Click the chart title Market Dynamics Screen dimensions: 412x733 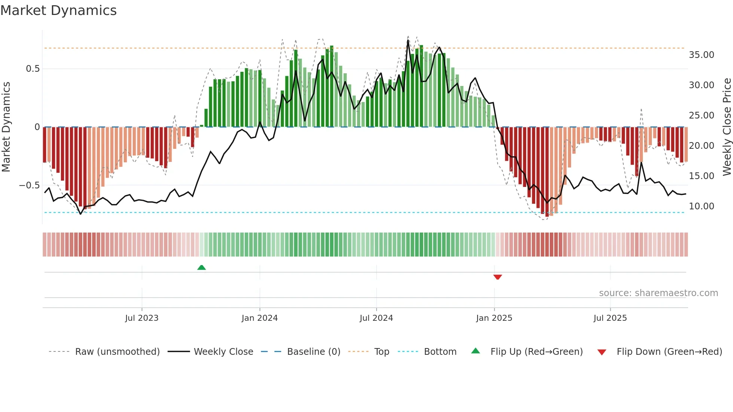tap(59, 10)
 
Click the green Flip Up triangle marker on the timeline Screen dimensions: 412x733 tap(202, 267)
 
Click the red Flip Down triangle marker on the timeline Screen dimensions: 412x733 tap(497, 277)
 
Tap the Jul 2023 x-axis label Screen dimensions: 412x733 tap(142, 318)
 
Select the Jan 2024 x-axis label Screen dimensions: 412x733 tap(260, 318)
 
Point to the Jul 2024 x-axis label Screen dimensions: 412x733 tap(376, 318)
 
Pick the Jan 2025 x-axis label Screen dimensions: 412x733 tap(494, 318)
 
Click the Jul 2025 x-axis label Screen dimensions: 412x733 tap(610, 318)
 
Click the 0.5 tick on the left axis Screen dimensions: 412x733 tap(33, 69)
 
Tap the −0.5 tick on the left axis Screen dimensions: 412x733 tap(30, 185)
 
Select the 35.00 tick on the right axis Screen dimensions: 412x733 tap(701, 55)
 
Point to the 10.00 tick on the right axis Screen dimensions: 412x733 tap(701, 206)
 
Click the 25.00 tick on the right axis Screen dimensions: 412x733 tap(701, 116)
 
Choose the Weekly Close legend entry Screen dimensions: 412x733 tap(223, 352)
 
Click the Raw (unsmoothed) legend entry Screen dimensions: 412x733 tap(117, 352)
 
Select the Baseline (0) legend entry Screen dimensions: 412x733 tap(313, 352)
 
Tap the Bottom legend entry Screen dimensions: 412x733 tap(440, 352)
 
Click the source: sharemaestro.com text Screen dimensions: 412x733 tap(658, 293)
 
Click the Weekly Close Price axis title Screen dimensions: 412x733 tap(727, 127)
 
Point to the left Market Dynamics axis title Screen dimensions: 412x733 tap(6, 127)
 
